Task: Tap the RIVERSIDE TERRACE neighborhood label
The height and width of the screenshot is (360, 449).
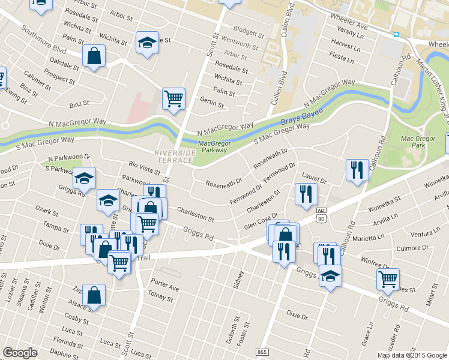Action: click(175, 156)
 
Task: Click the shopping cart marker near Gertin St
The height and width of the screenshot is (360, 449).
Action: click(173, 98)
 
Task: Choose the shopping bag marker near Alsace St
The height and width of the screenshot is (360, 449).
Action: click(94, 295)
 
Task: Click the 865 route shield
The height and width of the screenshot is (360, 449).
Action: click(262, 352)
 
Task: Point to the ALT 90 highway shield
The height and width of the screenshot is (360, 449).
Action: click(322, 214)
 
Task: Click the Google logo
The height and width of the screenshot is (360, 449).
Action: click(20, 353)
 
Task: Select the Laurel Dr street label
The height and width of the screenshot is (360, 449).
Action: click(314, 179)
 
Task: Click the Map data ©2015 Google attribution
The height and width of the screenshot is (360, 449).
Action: click(412, 355)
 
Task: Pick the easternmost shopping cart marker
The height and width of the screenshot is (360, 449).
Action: click(388, 279)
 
